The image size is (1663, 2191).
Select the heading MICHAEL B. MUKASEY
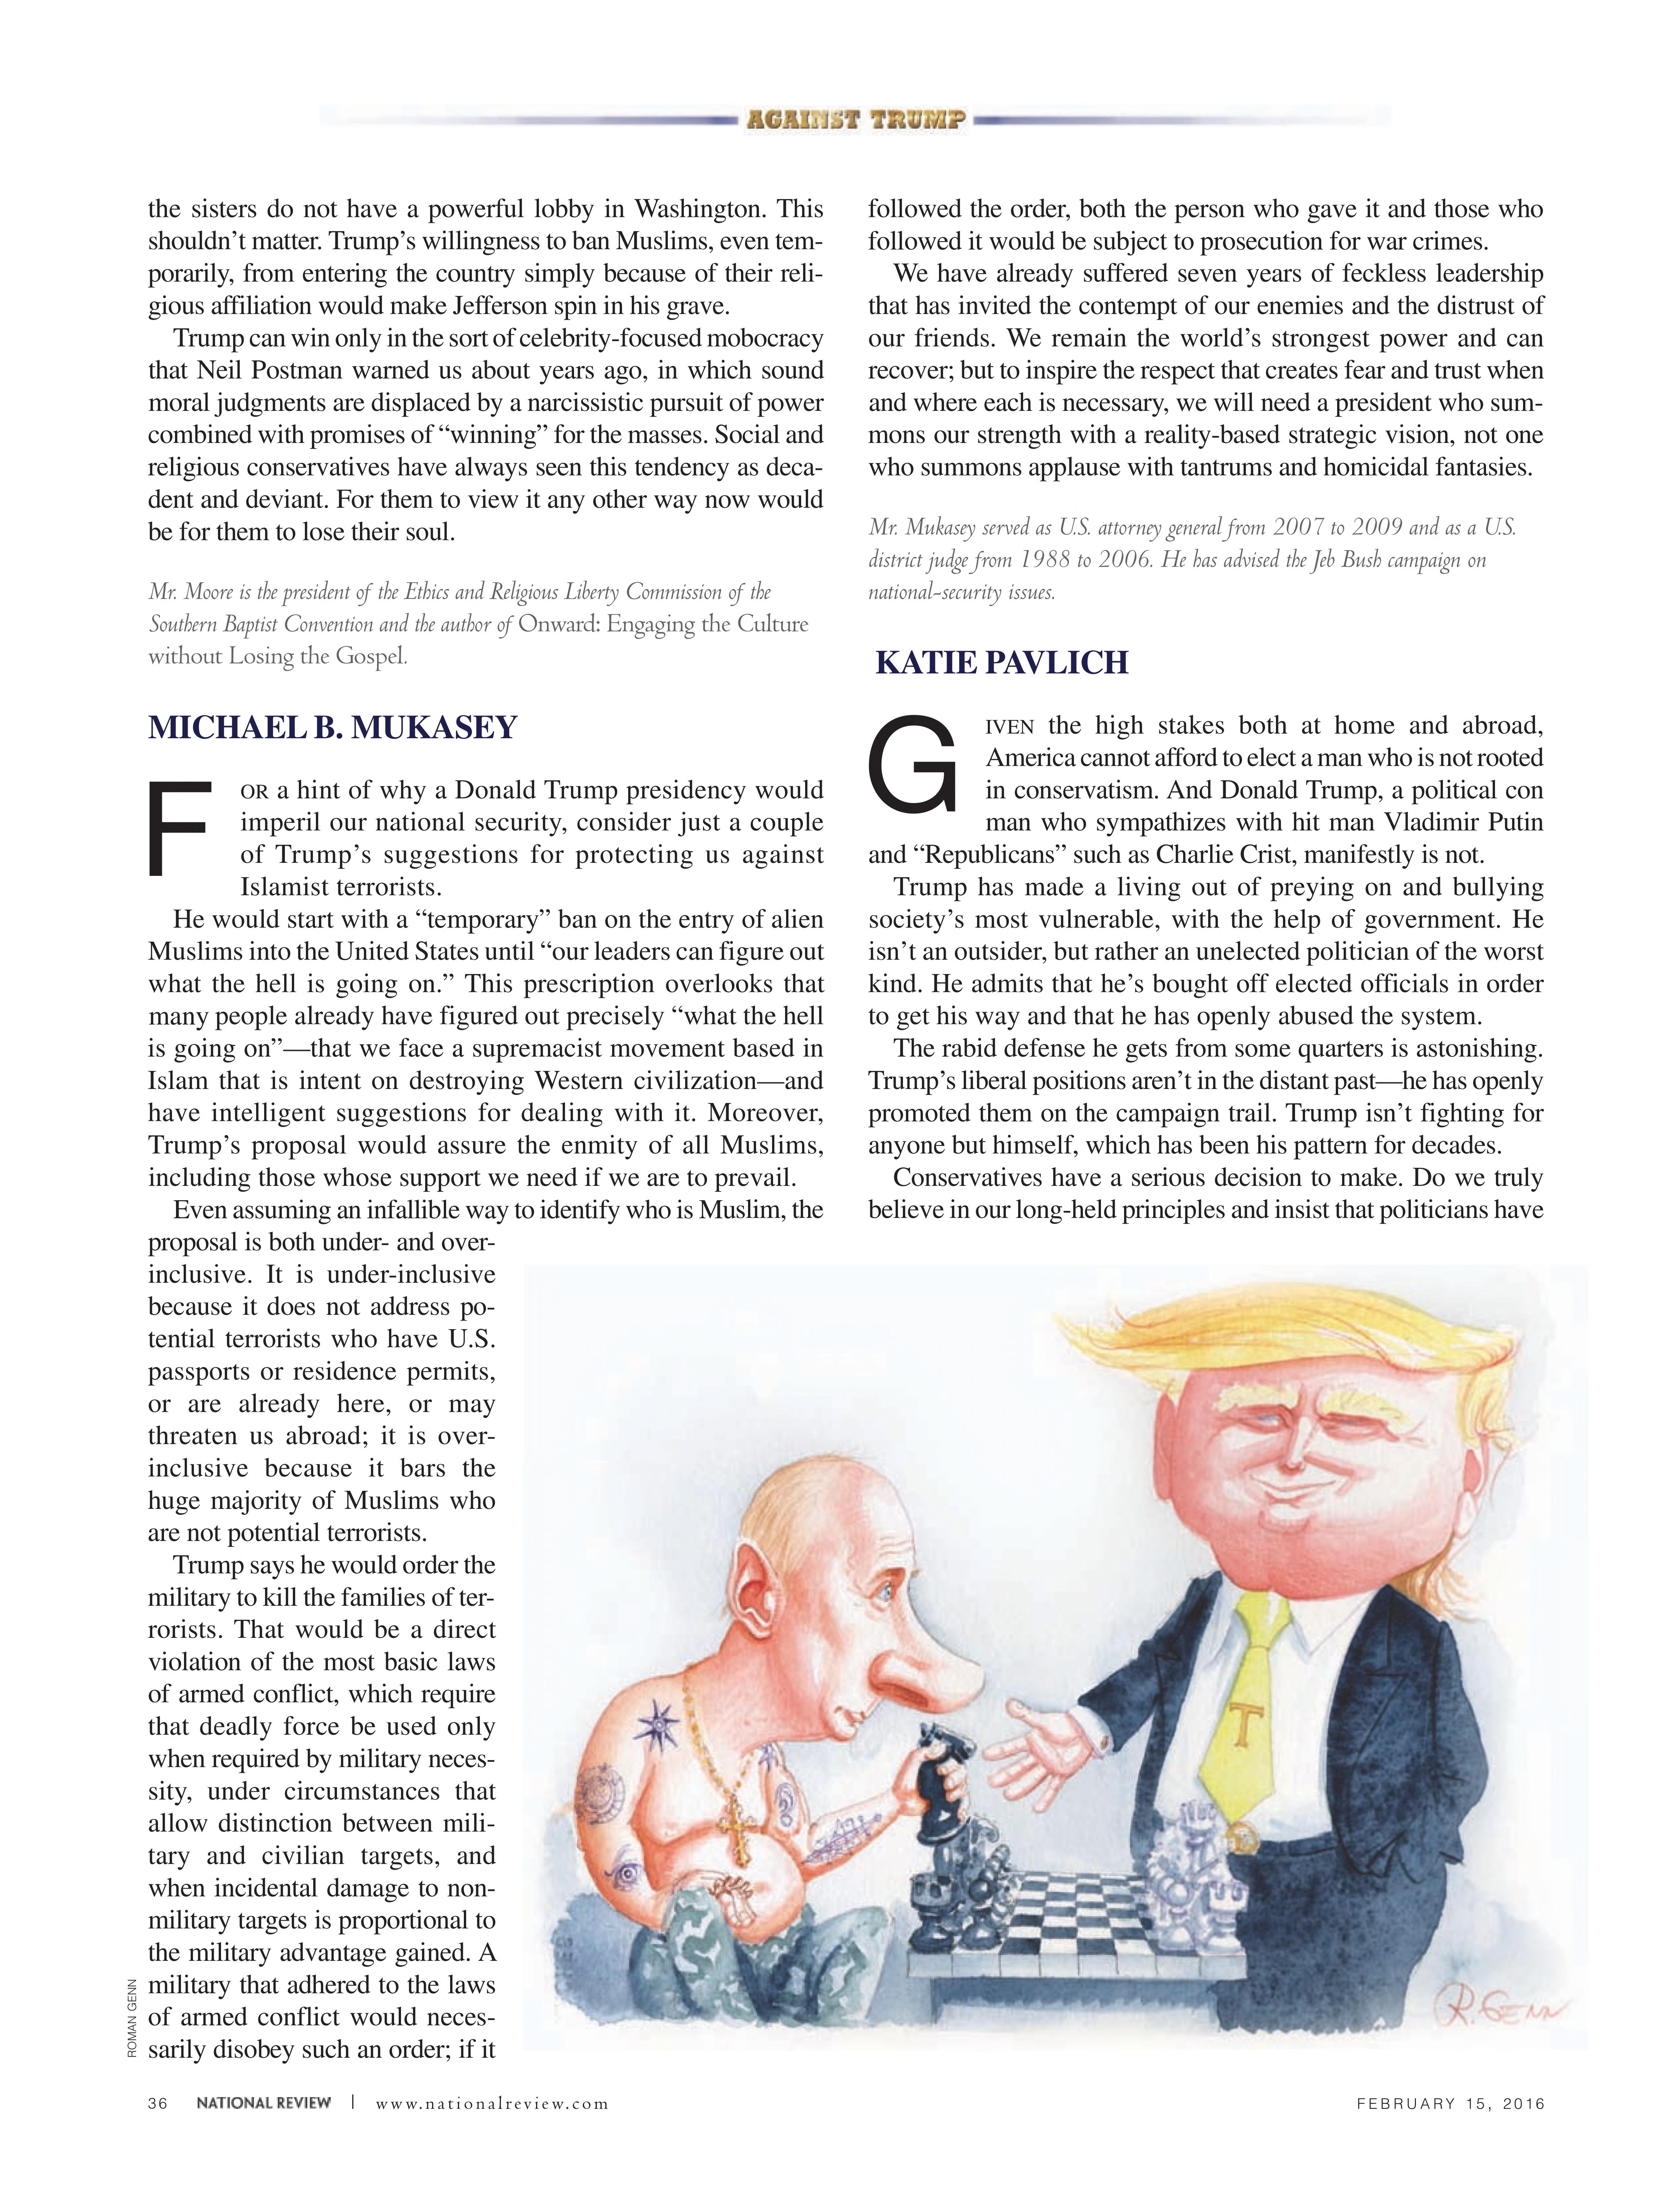(333, 728)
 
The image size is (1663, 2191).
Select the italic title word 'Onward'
(559, 625)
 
